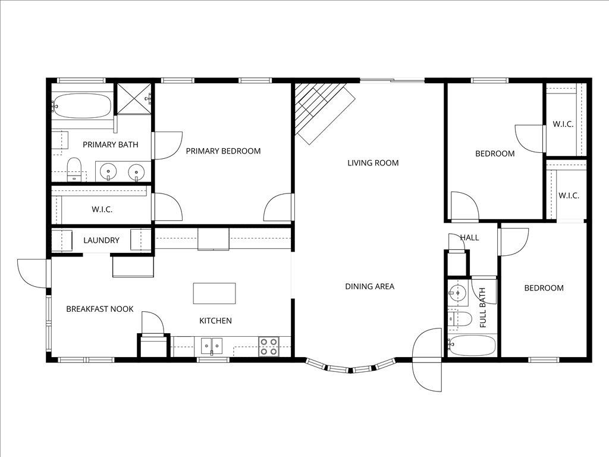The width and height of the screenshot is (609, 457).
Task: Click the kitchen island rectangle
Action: point(214,293)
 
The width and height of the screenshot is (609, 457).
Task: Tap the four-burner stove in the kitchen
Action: point(268,346)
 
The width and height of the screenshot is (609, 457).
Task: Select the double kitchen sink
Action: point(211,346)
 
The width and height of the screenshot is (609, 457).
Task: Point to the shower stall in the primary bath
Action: point(133,98)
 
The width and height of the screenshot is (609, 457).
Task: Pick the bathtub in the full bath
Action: point(472,345)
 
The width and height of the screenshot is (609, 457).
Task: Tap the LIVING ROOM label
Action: point(373,163)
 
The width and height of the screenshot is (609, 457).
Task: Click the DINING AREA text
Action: point(369,286)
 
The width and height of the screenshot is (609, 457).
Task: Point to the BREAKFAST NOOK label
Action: point(99,309)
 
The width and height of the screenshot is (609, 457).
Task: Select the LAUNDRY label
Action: point(101,240)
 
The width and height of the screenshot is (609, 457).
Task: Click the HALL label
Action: point(469,237)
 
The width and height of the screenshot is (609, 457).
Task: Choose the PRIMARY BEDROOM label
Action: point(223,151)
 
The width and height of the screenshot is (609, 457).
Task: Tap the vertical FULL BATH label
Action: point(483,308)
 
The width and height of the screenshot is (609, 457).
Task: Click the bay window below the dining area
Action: point(350,367)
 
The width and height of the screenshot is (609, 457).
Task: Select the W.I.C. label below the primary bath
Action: point(102,209)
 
